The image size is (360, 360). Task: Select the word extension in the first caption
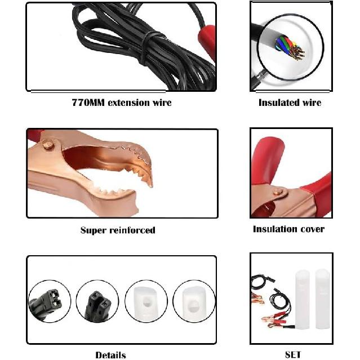click(x=128, y=103)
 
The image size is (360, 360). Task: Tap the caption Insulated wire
click(x=290, y=103)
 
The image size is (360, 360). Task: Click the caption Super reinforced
click(x=118, y=230)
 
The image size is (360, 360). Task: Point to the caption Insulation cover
click(x=288, y=229)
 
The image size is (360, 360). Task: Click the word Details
click(x=110, y=355)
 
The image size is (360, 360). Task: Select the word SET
click(x=293, y=355)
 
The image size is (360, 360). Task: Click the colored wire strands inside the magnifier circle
click(x=290, y=47)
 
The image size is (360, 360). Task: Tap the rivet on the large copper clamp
click(x=48, y=145)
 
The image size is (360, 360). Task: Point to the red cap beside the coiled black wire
click(x=207, y=41)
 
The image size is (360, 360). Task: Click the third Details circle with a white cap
click(x=146, y=301)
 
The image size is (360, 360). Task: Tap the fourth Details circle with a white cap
click(x=194, y=301)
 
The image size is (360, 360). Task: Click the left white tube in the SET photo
click(x=303, y=300)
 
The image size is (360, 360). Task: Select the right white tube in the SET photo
click(x=322, y=299)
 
